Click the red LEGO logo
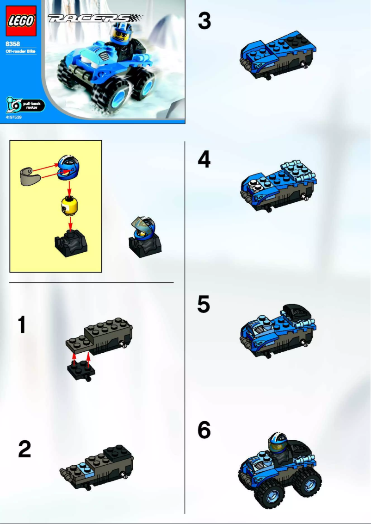pos(20,21)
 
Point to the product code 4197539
pos(13,118)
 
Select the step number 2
pos(25,449)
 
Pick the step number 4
pos(204,160)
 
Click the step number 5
pos(204,305)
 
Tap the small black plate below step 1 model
pos(81,369)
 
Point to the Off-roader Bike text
pos(20,52)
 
